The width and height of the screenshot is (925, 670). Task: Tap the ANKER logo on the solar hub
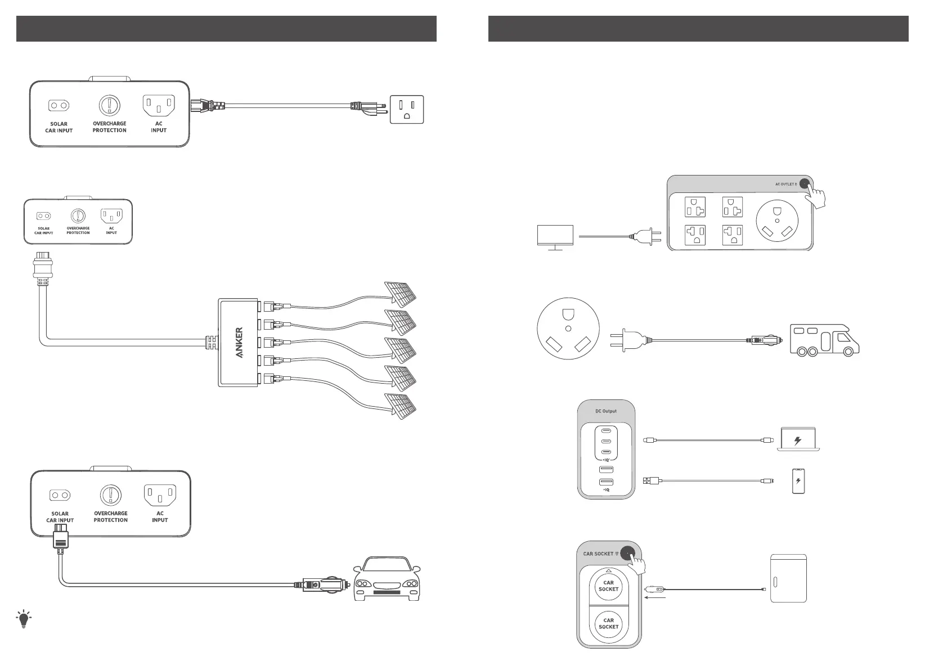239,343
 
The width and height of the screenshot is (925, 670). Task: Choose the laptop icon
797,439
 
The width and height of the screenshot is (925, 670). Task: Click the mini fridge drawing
788,578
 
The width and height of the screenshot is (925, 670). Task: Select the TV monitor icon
555,237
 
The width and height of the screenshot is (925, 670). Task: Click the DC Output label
606,411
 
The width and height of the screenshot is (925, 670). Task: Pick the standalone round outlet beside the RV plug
568,329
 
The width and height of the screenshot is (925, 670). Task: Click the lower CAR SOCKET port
608,623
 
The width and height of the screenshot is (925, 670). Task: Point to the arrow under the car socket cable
656,599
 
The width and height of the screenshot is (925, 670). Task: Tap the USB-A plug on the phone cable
648,480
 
